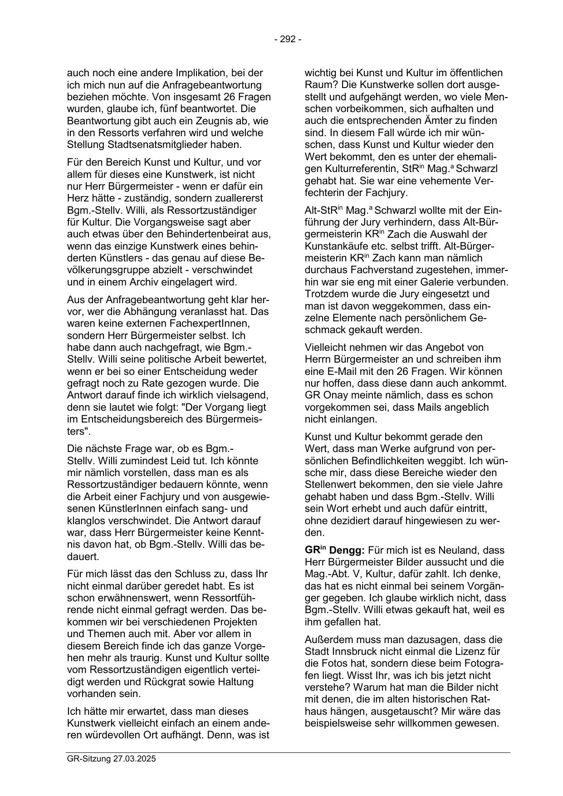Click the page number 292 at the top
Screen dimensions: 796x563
(288, 39)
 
